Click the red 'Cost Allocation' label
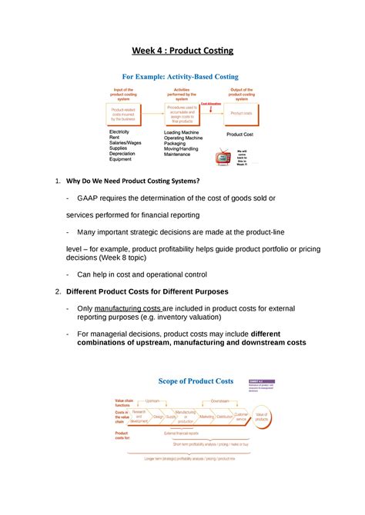coord(211,103)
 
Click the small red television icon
coord(223,157)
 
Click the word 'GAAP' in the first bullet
coord(89,198)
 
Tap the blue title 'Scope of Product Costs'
coord(196,381)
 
